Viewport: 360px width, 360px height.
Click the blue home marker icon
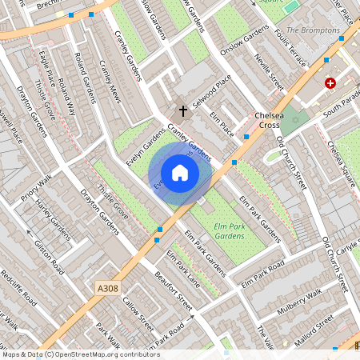click(x=180, y=172)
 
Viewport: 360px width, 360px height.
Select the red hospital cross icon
click(x=330, y=83)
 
